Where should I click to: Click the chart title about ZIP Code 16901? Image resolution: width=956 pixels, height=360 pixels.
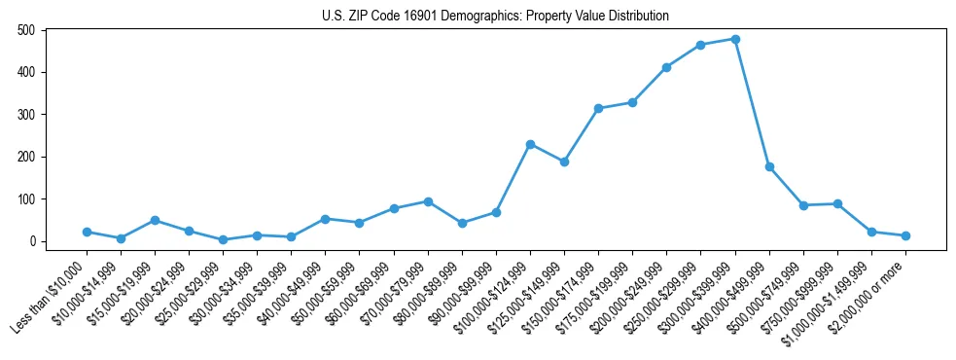click(x=495, y=16)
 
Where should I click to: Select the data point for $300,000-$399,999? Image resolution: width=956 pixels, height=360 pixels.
click(x=735, y=39)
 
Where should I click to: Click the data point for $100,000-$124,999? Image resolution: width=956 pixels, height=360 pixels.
click(x=530, y=144)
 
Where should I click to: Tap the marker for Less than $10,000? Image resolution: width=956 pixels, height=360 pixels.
click(x=87, y=232)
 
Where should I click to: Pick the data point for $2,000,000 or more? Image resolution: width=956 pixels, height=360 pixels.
click(x=905, y=235)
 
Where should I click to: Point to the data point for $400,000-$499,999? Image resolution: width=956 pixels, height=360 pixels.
click(x=769, y=167)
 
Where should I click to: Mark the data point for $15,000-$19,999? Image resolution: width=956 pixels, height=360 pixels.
click(x=155, y=220)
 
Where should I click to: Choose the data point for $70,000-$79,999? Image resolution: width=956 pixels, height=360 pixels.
click(x=428, y=201)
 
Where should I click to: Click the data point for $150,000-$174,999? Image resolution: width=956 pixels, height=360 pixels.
click(x=598, y=108)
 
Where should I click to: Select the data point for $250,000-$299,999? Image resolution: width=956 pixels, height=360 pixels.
click(x=701, y=45)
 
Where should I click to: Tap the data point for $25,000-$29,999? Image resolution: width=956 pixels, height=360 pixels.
click(x=223, y=239)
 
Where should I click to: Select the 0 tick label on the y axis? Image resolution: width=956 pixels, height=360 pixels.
click(x=33, y=241)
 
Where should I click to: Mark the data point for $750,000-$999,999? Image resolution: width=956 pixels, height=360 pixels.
click(x=837, y=204)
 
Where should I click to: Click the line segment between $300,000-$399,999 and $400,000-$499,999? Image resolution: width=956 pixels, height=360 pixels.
click(x=753, y=103)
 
